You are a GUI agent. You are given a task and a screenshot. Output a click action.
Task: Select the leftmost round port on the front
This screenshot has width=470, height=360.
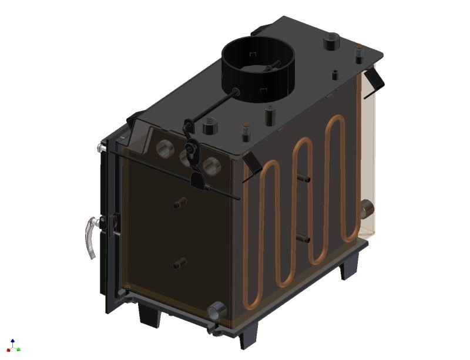coord(162,150)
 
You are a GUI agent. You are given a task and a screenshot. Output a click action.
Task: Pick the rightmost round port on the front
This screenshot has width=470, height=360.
coord(210,166)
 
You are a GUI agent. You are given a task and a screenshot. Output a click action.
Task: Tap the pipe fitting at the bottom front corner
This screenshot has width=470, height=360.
coord(217,309)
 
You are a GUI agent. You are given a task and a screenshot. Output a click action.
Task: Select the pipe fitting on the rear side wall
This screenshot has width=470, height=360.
coord(366,208)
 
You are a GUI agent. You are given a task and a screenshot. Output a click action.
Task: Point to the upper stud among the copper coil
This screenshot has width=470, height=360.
coord(305,178)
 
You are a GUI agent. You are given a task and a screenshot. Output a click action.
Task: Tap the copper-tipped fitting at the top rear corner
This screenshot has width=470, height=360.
coord(358,53)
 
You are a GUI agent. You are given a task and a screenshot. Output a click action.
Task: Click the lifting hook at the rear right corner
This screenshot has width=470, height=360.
coord(374,81)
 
